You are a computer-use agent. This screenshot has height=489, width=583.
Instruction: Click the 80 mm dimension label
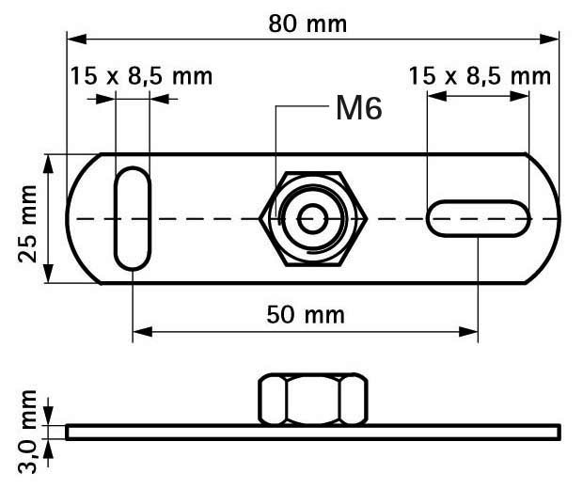tap(307, 24)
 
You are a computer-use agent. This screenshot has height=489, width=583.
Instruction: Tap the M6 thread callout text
tap(359, 108)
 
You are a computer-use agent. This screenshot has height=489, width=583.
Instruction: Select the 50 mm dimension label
tap(306, 315)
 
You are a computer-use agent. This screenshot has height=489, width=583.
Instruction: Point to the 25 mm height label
tap(27, 224)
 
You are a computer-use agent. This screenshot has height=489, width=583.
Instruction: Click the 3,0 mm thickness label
tap(27, 432)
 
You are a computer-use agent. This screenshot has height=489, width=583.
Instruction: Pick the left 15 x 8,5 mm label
tap(141, 76)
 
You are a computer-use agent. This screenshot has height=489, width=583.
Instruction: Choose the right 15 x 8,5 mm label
tap(480, 76)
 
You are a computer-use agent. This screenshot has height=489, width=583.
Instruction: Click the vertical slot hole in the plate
tap(133, 218)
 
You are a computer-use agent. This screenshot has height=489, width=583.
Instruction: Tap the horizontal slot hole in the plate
tap(478, 218)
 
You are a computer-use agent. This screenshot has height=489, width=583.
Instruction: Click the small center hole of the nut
tap(312, 219)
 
